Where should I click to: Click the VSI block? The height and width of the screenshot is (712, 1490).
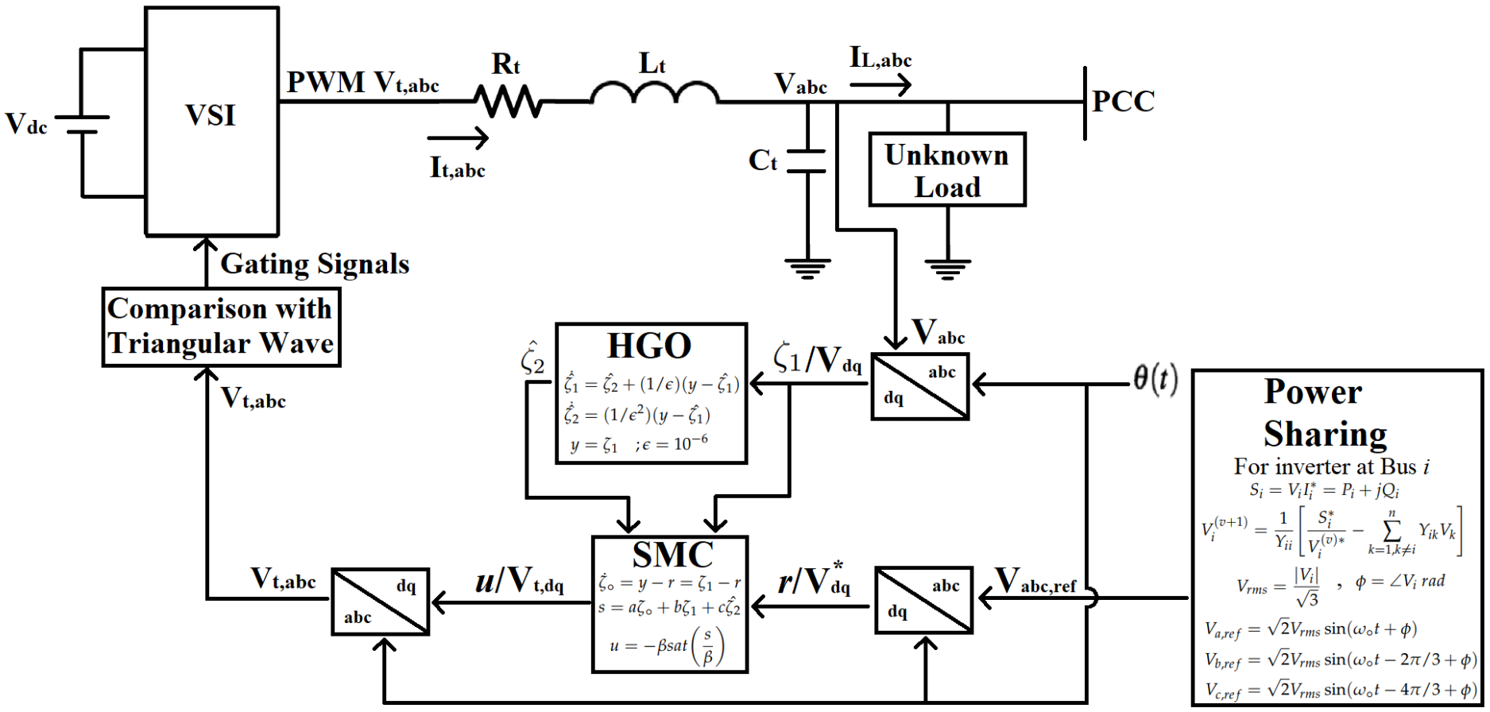click(211, 121)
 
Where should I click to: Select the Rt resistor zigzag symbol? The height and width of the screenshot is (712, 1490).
click(509, 102)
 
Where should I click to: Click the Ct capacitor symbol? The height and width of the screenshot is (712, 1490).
click(807, 161)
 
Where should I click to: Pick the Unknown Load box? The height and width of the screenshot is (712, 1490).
click(946, 170)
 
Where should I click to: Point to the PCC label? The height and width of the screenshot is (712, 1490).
click(1122, 102)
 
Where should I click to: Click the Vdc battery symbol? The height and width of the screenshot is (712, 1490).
click(82, 124)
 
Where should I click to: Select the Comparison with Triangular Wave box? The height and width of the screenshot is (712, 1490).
click(221, 327)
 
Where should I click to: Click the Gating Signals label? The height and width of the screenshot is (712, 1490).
click(315, 264)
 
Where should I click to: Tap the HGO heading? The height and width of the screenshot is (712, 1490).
click(649, 346)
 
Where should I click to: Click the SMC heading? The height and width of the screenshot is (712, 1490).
click(672, 555)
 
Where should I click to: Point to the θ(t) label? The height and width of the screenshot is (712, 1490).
click(1155, 379)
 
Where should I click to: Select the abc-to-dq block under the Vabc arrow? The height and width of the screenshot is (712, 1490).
click(919, 386)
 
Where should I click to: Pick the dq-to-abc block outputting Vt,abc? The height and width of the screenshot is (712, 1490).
click(380, 602)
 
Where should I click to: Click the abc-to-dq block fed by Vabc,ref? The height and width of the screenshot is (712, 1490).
click(923, 600)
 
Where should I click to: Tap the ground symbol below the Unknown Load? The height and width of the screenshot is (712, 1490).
click(947, 269)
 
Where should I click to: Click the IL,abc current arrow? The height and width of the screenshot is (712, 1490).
click(880, 84)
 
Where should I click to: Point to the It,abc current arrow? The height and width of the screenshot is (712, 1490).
click(458, 138)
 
